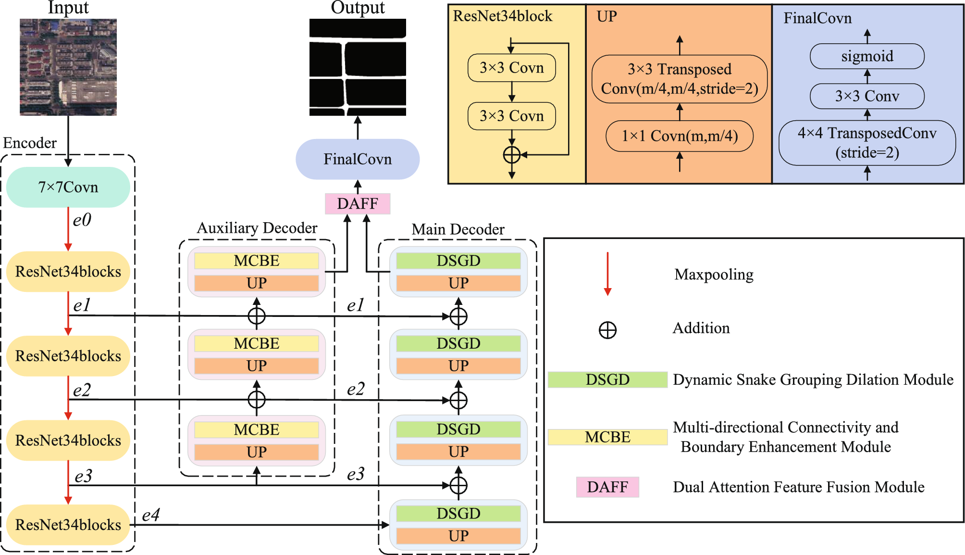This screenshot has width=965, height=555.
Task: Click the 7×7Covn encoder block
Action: [x=68, y=187]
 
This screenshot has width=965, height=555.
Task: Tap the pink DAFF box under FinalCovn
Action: [x=358, y=203]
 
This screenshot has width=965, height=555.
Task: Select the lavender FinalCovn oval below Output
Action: [x=358, y=159]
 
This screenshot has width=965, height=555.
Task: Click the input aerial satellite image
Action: [x=68, y=67]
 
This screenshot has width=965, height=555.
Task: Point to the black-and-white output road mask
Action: [x=358, y=67]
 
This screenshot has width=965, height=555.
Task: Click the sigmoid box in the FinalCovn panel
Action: [x=867, y=56]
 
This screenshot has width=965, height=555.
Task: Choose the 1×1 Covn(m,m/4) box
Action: [x=680, y=136]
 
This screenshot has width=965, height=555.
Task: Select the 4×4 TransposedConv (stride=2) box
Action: [x=867, y=143]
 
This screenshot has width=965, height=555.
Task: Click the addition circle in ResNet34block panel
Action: [x=512, y=155]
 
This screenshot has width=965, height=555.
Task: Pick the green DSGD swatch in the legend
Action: [x=607, y=379]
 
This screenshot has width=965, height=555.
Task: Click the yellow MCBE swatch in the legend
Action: [x=607, y=437]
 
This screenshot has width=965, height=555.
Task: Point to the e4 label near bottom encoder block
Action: [x=151, y=515]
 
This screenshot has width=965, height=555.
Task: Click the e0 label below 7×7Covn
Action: [x=82, y=220]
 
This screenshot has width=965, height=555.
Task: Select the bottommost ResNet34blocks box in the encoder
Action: [x=68, y=525]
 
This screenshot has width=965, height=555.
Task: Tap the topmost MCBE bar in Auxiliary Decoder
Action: [x=257, y=261]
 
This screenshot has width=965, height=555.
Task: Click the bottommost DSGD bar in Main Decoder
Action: [x=458, y=513]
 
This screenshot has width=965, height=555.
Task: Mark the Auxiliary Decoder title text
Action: [x=257, y=228]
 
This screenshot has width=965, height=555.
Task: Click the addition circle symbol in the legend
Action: [x=607, y=330]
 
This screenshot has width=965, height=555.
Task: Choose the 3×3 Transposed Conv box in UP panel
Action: [x=680, y=79]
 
